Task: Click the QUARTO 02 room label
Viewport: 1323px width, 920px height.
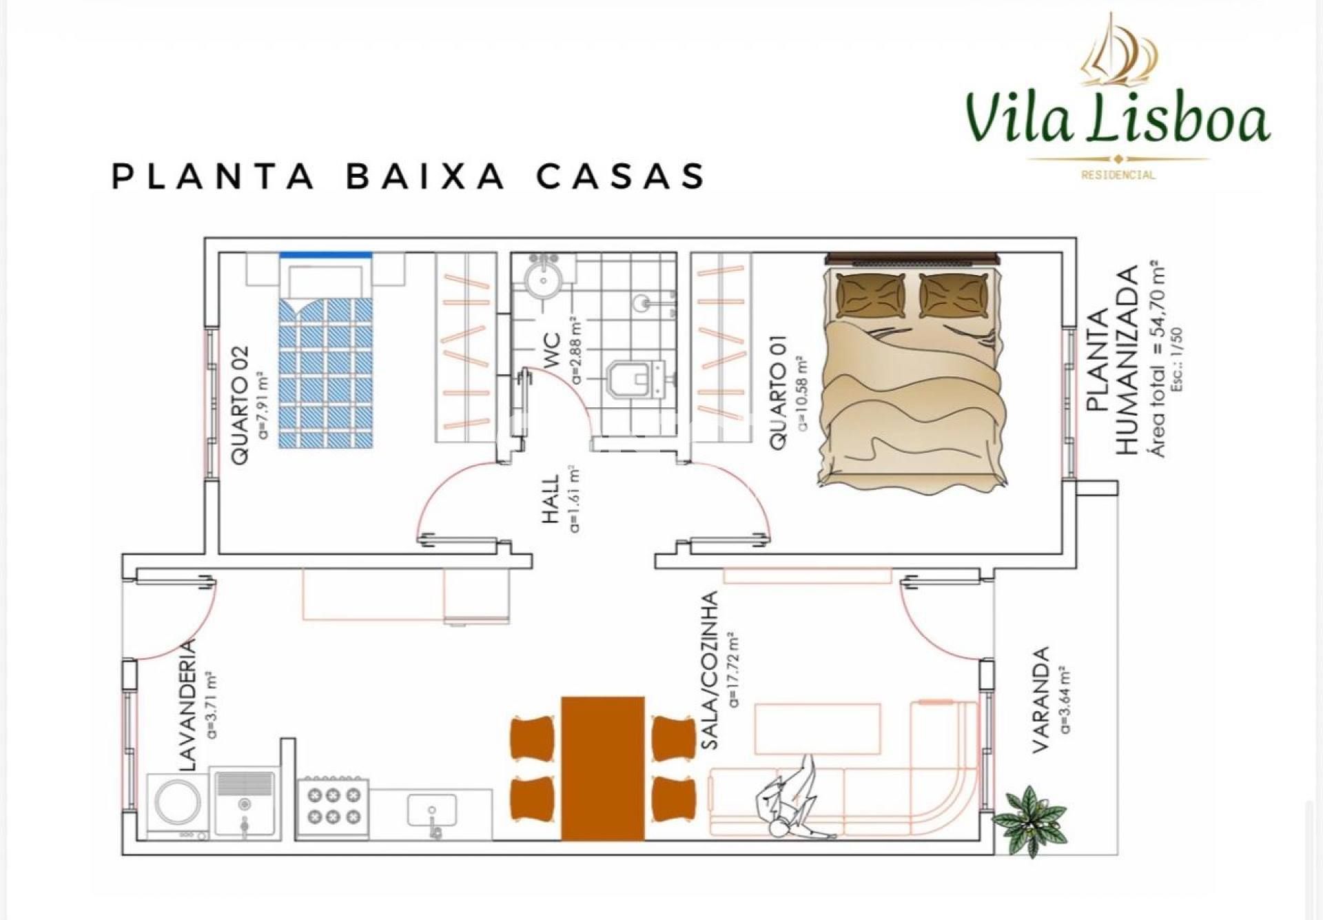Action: (240, 405)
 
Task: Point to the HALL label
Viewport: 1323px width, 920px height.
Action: (550, 499)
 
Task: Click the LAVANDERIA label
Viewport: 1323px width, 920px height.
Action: (188, 706)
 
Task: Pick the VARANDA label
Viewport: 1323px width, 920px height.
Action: (1040, 699)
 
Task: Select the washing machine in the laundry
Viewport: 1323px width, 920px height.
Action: (178, 803)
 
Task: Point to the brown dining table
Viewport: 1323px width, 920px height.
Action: (603, 768)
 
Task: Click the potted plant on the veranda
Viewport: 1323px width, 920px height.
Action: (1029, 818)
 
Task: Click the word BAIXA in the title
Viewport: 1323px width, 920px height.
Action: (425, 176)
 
